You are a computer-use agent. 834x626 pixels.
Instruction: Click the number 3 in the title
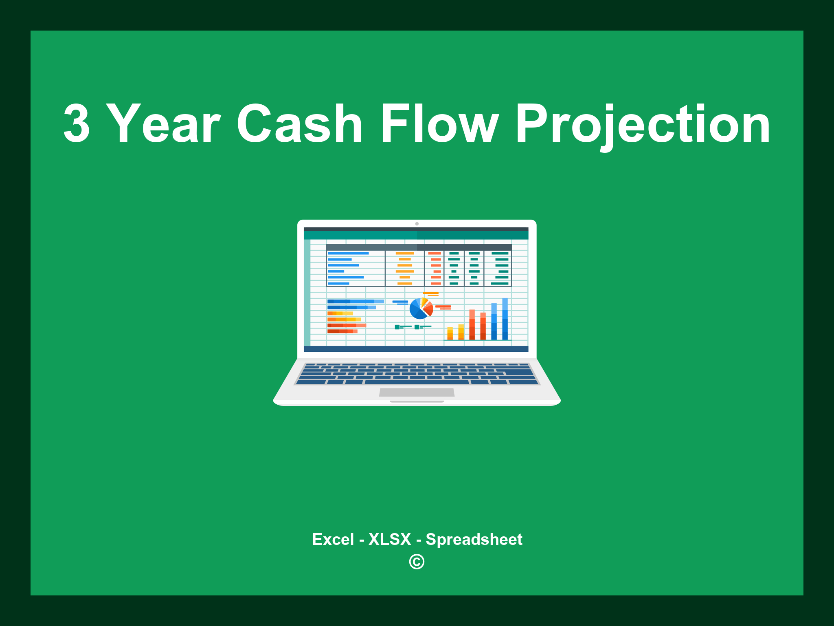(77, 123)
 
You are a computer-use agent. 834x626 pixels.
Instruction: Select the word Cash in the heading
(299, 123)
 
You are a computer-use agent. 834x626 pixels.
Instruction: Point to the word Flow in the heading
(439, 123)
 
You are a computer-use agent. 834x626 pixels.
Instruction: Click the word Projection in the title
(643, 123)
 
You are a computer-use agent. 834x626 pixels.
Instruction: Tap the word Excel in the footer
(333, 540)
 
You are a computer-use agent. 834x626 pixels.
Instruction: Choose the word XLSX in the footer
(390, 540)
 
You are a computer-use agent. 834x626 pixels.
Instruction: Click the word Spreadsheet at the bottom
(474, 540)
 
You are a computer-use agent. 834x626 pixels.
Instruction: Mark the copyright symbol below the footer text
(417, 562)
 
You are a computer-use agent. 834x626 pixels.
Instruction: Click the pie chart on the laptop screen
(421, 309)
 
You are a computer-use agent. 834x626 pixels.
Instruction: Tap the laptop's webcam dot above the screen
(417, 224)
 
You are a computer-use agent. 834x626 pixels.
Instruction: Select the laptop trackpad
(417, 392)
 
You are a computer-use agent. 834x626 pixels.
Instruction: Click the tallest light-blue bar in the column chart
(505, 319)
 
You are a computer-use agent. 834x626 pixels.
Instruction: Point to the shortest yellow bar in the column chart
(450, 333)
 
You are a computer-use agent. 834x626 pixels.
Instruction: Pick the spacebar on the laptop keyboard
(416, 382)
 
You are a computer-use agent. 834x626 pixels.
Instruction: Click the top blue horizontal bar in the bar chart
(355, 302)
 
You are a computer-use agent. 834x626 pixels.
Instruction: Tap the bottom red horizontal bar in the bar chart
(342, 331)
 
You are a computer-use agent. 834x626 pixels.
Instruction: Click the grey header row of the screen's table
(419, 247)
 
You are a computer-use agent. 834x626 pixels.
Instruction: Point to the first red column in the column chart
(472, 325)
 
